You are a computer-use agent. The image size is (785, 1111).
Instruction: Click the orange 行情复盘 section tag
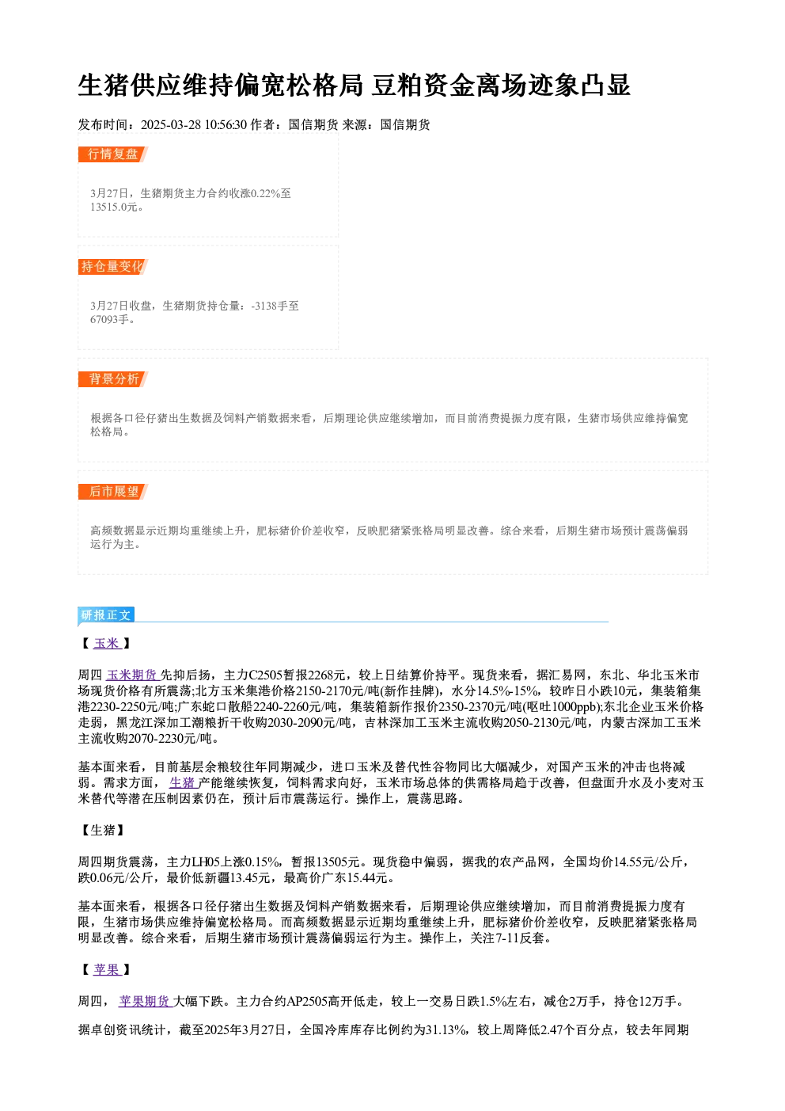(112, 154)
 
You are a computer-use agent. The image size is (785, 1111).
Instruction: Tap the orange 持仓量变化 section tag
(112, 267)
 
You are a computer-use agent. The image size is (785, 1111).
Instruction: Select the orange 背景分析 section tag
(112, 379)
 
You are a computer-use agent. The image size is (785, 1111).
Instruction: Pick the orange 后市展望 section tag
(112, 492)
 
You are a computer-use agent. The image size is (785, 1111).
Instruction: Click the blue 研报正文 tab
(106, 615)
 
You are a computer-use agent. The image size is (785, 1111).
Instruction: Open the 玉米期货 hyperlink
(132, 675)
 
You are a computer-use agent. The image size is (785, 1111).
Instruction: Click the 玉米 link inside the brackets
(107, 643)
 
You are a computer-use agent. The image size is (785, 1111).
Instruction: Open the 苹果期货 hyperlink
(145, 1002)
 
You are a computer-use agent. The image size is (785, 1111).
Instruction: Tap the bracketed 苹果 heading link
(107, 969)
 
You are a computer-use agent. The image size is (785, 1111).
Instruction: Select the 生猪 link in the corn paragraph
(184, 782)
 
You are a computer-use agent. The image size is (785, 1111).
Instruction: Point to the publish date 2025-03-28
(171, 124)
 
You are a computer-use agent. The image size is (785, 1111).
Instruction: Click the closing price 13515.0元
(113, 207)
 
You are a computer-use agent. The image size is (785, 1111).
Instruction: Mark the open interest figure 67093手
(109, 320)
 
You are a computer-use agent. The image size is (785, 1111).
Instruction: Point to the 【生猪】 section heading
(103, 830)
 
